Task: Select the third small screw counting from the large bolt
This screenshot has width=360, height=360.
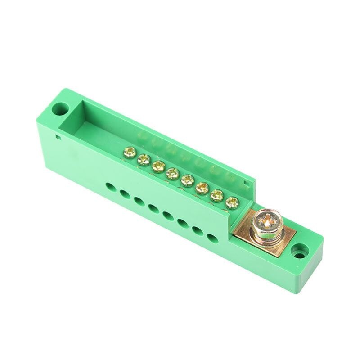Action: pos(202,188)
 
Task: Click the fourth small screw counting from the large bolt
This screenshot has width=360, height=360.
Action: pos(187,180)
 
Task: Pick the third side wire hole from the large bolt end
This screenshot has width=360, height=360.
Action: pos(183,222)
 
